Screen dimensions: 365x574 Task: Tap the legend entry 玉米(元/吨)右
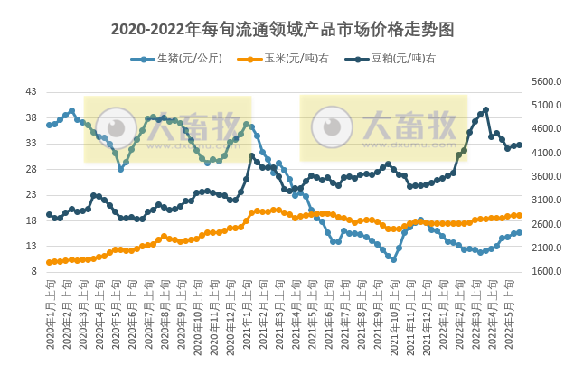(288, 60)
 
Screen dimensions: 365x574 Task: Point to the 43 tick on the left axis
(32, 92)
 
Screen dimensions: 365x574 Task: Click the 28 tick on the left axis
(32, 169)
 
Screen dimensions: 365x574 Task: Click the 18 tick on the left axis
(32, 220)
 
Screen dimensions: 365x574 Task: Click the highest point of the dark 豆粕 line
(486, 110)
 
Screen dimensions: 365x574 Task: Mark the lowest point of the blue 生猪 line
(393, 259)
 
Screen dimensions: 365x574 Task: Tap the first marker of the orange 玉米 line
(49, 262)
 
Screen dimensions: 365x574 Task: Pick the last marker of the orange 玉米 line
(519, 215)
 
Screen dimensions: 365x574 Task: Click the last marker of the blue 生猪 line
(519, 232)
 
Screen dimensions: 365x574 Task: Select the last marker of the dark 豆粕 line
(519, 145)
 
